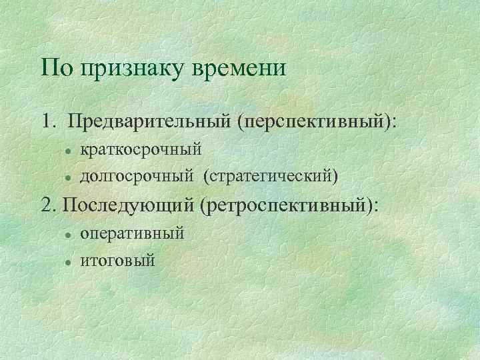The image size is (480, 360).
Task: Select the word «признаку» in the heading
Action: point(127,69)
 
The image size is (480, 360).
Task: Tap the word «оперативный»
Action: point(132,234)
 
